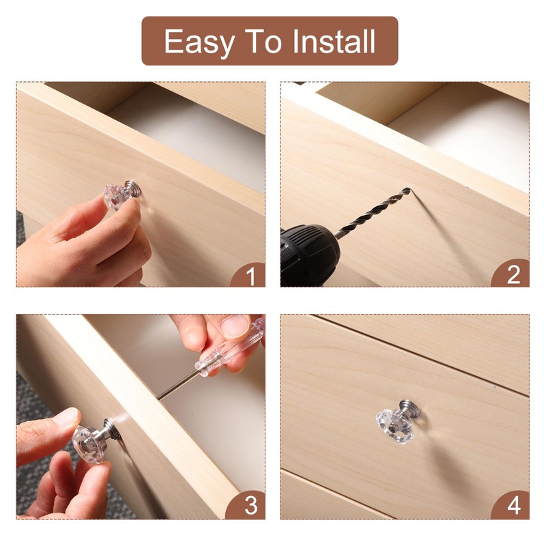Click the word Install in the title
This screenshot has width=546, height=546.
pos(334,42)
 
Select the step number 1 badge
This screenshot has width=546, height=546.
pos(250,276)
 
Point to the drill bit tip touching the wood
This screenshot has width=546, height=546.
pos(408,190)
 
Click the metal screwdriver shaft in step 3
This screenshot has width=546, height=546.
pos(179,384)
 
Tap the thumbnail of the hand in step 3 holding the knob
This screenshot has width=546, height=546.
pos(66,417)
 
